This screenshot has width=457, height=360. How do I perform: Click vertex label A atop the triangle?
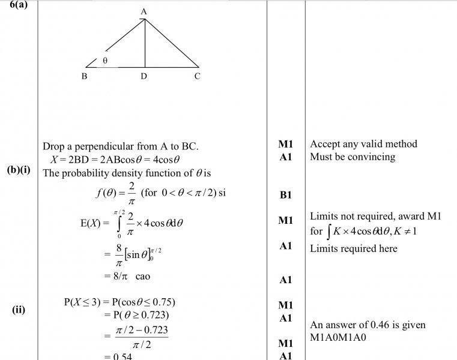(144, 11)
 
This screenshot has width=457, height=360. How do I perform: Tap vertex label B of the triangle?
(84, 76)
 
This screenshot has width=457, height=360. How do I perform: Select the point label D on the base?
(144, 76)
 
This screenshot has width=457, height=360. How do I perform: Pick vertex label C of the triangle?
(197, 76)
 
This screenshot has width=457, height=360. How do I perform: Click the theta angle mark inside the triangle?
(105, 61)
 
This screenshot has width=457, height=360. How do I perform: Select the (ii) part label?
(19, 310)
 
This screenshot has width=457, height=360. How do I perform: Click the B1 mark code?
(286, 195)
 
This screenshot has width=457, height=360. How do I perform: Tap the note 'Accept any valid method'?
(363, 144)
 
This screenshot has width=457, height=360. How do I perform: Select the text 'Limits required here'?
(354, 248)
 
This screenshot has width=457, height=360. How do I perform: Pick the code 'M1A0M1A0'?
(338, 337)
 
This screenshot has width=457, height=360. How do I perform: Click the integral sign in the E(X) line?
(118, 223)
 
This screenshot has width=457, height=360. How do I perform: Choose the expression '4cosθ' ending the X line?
(167, 160)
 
